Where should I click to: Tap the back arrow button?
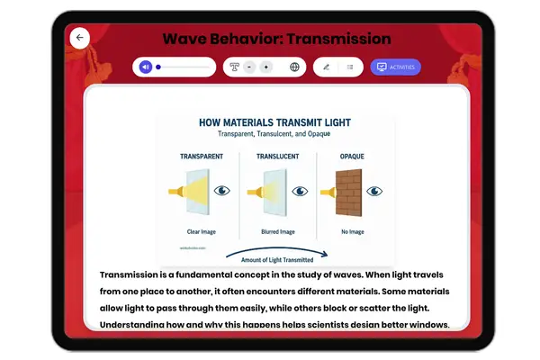pyautogui.click(x=80, y=38)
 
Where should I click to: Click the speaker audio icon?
pyautogui.click(x=146, y=67)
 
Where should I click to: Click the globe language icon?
pyautogui.click(x=294, y=67)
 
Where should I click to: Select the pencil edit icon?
pyautogui.click(x=326, y=67)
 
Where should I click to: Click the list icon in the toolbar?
pyautogui.click(x=350, y=67)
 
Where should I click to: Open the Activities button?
pyautogui.click(x=395, y=67)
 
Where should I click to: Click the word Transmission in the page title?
pyautogui.click(x=335, y=39)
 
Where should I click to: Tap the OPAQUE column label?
pyautogui.click(x=352, y=156)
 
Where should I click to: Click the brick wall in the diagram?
pyautogui.click(x=347, y=192)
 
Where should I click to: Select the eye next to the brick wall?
pyautogui.click(x=373, y=191)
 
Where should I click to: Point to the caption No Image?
pyautogui.click(x=351, y=231)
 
